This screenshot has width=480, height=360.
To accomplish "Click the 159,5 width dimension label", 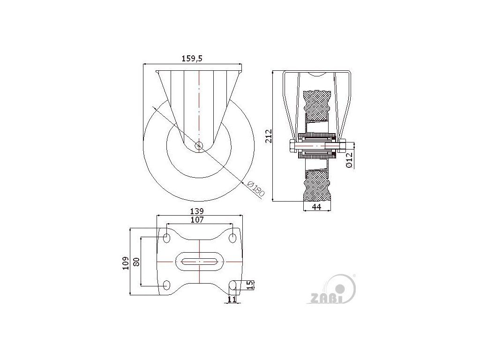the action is point(192,59).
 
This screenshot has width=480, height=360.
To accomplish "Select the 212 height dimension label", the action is point(269,136).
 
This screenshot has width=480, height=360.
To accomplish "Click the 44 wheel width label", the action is point(316,207).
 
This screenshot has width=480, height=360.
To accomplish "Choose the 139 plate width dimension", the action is point(197,211).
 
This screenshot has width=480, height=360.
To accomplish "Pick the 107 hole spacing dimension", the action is point(197,220).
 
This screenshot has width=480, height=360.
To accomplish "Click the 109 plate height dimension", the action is point(126,263).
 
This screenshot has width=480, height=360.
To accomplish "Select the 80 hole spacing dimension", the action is point(136,262).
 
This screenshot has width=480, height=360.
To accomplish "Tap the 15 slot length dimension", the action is point(250,285).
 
